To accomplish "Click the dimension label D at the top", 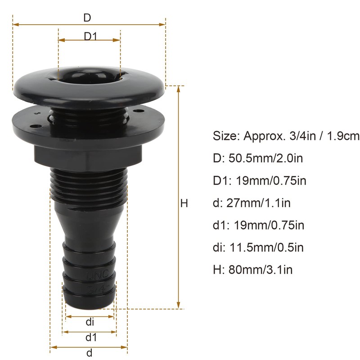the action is pyautogui.click(x=87, y=18).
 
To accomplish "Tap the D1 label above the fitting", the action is pyautogui.click(x=90, y=36).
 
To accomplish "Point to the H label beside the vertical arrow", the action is pyautogui.click(x=184, y=203).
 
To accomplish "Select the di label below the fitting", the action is pyautogui.click(x=90, y=322).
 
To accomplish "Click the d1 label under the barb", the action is pyautogui.click(x=91, y=337).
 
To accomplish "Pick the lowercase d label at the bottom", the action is pyautogui.click(x=89, y=352).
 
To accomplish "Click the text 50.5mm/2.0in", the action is pyautogui.click(x=265, y=158).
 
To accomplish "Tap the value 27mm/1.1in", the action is pyautogui.click(x=258, y=203).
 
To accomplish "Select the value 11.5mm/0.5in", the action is pyautogui.click(x=266, y=247).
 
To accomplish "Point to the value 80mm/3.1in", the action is pyautogui.click(x=261, y=269).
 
